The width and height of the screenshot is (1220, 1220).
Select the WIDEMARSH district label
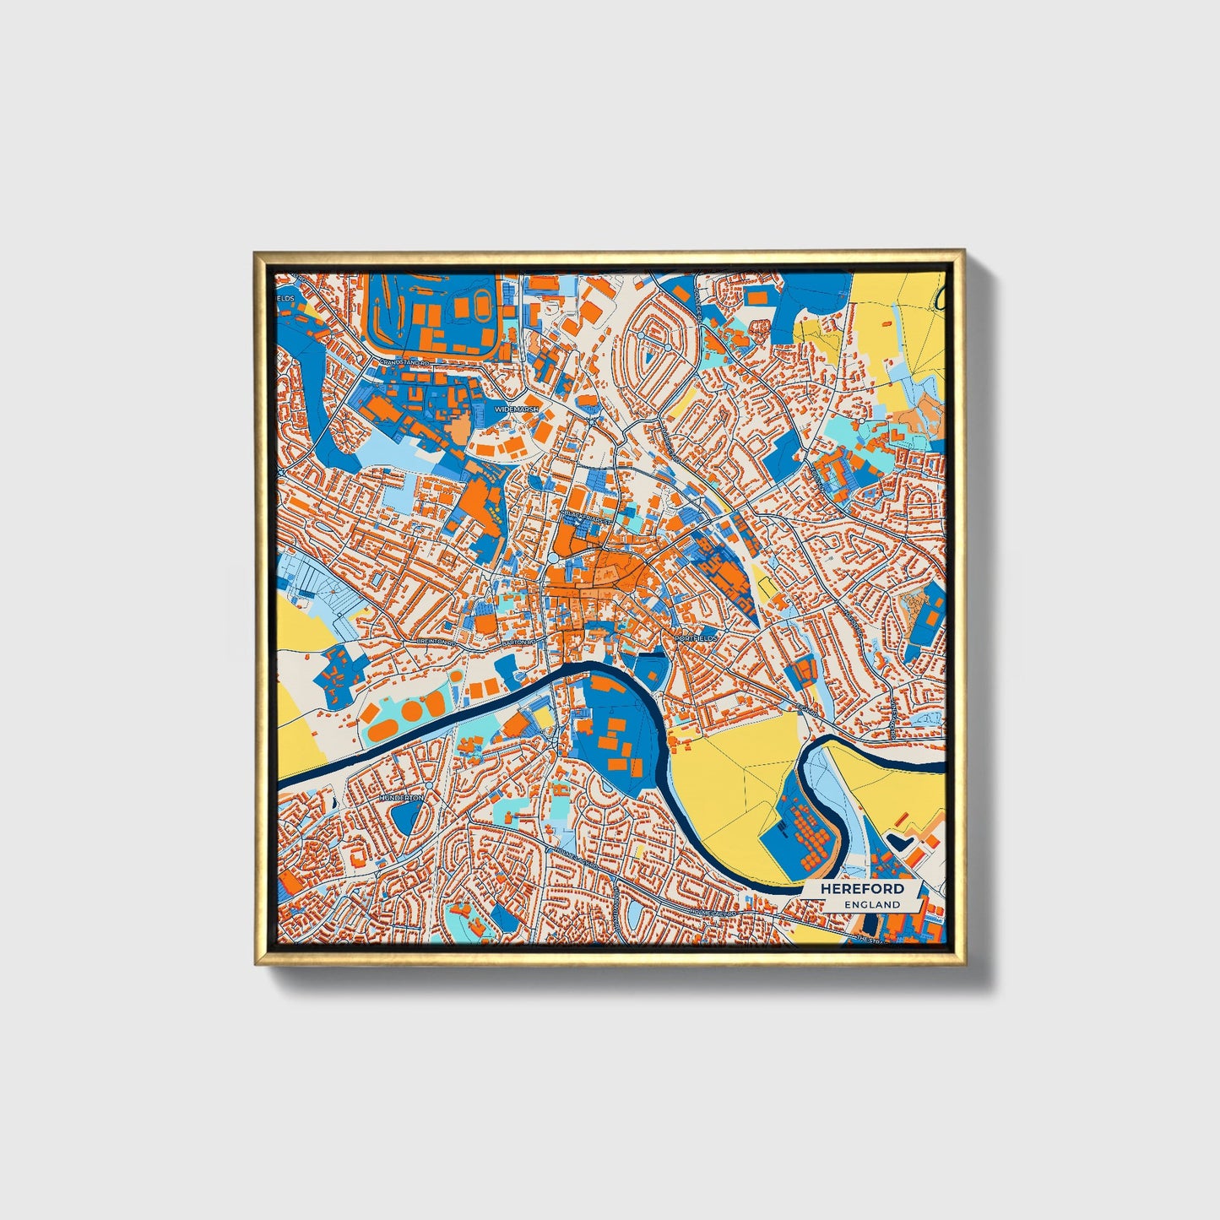[x=515, y=409]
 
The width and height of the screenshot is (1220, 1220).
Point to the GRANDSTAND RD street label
[x=404, y=361]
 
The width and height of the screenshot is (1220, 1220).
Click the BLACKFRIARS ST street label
[x=587, y=513]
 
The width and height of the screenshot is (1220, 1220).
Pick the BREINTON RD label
[x=436, y=642]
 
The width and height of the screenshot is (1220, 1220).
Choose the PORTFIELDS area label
[x=696, y=638]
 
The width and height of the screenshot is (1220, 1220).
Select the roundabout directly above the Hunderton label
[x=429, y=785]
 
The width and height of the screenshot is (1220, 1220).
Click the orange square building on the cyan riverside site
[x=517, y=725]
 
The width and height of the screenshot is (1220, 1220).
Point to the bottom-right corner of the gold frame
[x=964, y=964]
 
